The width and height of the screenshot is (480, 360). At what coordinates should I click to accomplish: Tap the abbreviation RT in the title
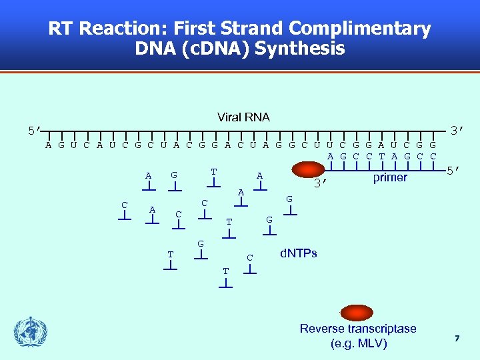coord(61,29)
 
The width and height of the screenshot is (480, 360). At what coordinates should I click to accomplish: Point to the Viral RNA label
coord(243,117)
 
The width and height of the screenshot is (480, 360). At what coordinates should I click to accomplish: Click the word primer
coord(390,177)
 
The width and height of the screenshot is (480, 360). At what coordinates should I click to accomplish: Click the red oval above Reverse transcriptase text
coord(357,312)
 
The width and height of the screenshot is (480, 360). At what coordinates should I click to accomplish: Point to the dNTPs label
coord(298,253)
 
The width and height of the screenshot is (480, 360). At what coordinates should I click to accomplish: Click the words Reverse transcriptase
coord(358,329)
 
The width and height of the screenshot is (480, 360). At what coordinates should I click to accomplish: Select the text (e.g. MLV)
coord(358,344)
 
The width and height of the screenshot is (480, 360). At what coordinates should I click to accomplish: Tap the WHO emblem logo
coord(31,332)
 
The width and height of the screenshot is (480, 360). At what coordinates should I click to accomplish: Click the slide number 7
coord(457,339)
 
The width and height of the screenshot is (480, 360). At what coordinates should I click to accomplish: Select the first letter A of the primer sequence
coord(331,157)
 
